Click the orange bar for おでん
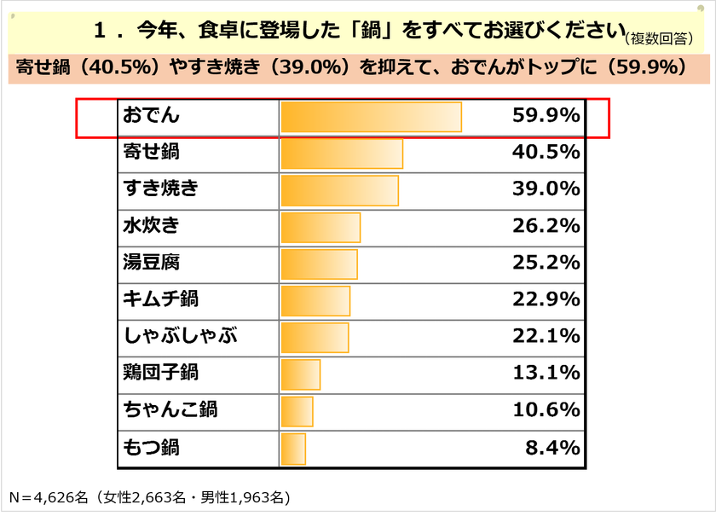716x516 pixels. tap(371, 117)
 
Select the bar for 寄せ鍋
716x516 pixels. tap(342, 154)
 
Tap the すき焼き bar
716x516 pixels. tap(339, 190)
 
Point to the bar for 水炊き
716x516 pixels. tap(320, 227)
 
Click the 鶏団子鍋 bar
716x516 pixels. tap(300, 374)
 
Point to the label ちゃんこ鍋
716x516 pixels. tap(170, 410)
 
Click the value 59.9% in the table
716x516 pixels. tap(546, 117)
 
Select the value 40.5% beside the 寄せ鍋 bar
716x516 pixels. tap(546, 154)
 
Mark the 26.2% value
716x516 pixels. tap(546, 227)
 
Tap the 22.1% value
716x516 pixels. tap(546, 337)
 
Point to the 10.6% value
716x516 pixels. tap(546, 410)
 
